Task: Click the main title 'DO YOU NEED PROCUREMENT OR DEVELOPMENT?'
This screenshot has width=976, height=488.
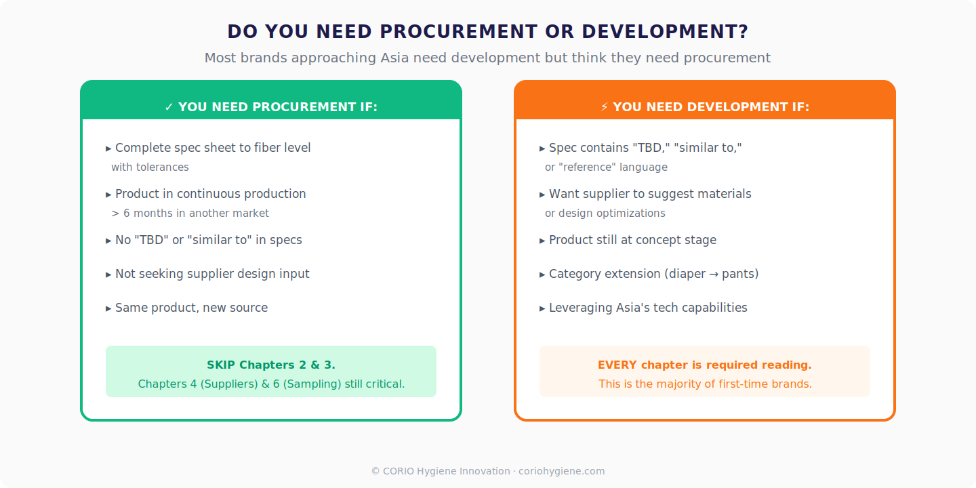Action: point(487,32)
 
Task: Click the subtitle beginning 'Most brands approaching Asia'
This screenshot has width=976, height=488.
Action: point(487,58)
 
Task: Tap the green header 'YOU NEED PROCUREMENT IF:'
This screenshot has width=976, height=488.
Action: point(277,107)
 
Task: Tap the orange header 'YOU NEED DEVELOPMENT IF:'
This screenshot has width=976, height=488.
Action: point(711,107)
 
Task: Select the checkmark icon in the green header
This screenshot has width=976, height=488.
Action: point(169,107)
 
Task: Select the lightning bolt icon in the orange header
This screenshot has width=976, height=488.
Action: point(605,107)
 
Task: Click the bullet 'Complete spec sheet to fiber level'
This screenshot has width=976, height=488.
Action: point(212,148)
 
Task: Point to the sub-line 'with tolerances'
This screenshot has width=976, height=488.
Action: point(150,167)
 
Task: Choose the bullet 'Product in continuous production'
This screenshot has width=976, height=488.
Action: point(210,194)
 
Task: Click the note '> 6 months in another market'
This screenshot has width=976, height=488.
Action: point(190,213)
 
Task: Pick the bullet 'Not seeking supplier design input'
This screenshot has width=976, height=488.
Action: point(211,274)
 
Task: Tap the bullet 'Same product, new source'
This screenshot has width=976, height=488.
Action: point(191,308)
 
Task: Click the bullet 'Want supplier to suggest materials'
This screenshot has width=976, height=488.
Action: point(649,194)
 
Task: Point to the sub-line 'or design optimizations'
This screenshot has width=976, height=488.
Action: point(605,213)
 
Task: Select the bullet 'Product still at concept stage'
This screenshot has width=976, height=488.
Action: point(632,240)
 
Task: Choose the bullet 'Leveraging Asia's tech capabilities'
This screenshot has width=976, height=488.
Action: point(647,308)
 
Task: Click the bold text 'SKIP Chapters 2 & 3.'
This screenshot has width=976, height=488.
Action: point(271,365)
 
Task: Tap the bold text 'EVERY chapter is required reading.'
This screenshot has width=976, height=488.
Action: point(704,365)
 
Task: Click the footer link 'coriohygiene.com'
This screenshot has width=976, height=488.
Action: point(561,471)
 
